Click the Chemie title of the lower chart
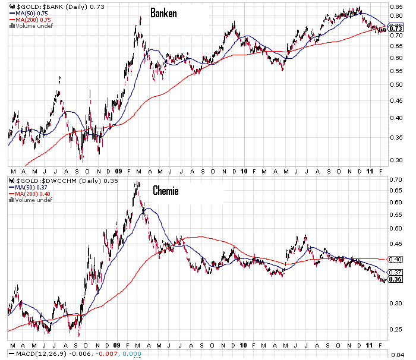(165, 191)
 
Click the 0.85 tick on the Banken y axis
(395, 8)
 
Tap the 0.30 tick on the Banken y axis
(395, 160)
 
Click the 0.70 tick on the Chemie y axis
(395, 179)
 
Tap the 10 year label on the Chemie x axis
(244, 345)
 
